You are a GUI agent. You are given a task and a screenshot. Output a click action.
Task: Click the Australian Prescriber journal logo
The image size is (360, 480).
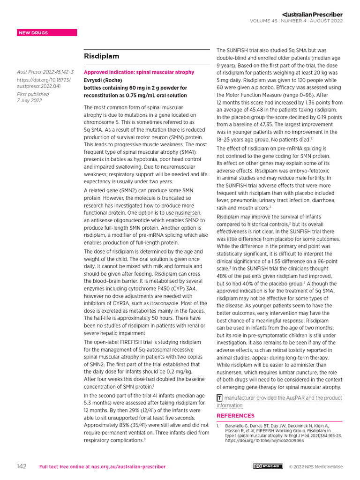312,14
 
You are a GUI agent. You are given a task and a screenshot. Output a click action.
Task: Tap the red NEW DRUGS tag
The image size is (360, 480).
33,33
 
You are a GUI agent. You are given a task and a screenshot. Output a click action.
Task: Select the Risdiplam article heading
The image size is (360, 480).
101,56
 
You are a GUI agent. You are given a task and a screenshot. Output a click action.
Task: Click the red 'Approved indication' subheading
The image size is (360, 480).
139,73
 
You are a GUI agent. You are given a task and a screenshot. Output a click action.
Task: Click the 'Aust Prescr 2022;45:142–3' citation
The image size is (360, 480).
45,72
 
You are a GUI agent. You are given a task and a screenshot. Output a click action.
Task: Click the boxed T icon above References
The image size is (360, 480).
219,398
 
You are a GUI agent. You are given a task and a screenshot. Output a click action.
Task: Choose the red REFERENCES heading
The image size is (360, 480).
235,416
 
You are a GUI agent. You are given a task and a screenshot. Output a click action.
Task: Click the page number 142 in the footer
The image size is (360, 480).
22,466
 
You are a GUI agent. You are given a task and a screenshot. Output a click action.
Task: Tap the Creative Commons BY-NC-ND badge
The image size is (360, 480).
268,466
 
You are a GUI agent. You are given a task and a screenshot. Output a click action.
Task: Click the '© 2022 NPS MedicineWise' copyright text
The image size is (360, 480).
316,467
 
